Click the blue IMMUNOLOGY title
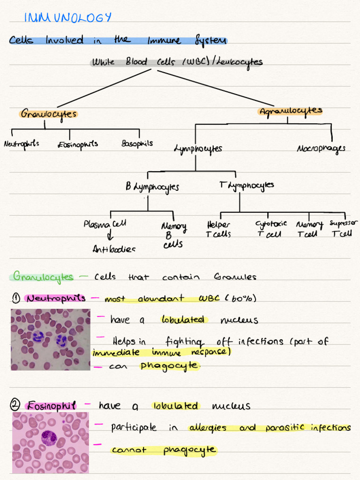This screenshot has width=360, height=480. (68, 18)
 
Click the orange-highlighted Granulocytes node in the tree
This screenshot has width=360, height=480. (48, 114)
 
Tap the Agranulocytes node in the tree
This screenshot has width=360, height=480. (291, 112)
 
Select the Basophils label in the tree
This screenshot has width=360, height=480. (137, 143)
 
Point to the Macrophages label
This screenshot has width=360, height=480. (321, 149)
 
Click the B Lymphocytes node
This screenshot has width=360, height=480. (152, 187)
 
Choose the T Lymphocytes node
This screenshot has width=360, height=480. (247, 185)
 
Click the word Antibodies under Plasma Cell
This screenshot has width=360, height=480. (114, 249)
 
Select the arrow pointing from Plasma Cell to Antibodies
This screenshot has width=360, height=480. (111, 236)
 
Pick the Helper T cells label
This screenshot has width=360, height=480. (218, 229)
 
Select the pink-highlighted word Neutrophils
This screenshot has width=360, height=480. (56, 298)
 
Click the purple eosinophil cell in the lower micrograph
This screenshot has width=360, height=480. (49, 438)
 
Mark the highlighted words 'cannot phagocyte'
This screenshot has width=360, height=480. (164, 450)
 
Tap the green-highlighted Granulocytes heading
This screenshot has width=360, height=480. (43, 276)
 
